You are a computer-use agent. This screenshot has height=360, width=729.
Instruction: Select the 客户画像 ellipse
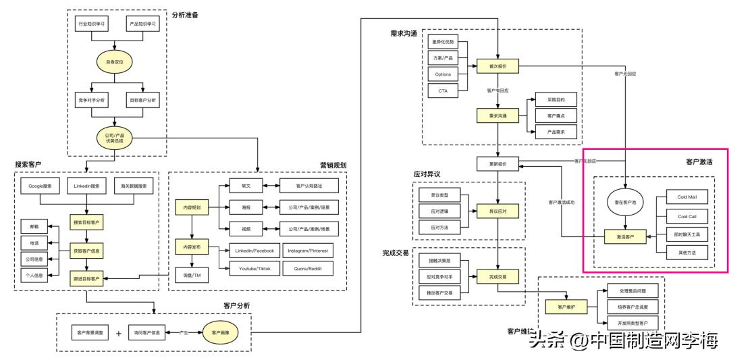coord(222,332)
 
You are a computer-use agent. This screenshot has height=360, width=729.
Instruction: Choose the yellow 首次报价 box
coord(497,66)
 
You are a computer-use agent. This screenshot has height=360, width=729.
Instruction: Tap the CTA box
coord(443,89)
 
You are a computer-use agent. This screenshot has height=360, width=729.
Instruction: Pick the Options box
coord(443,73)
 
